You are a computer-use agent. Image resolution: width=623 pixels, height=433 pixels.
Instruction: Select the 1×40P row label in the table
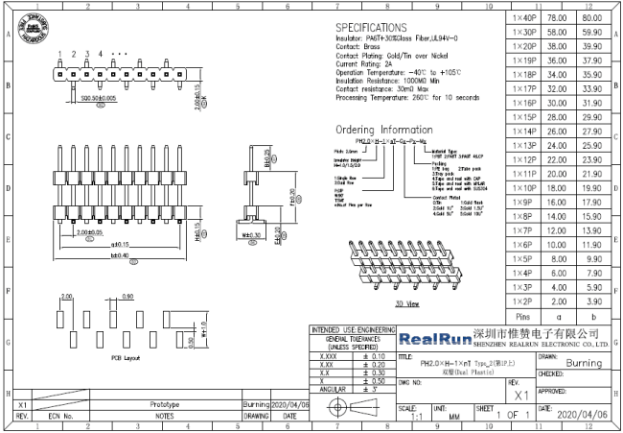pos(523,18)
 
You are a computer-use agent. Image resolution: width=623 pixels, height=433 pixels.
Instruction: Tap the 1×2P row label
pos(523,301)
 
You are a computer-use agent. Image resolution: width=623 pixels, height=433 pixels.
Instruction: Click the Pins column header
pos(523,316)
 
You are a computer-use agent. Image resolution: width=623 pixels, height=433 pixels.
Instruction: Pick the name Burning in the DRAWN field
pos(584,364)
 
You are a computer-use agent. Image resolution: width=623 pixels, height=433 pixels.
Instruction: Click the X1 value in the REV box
pos(522,395)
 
